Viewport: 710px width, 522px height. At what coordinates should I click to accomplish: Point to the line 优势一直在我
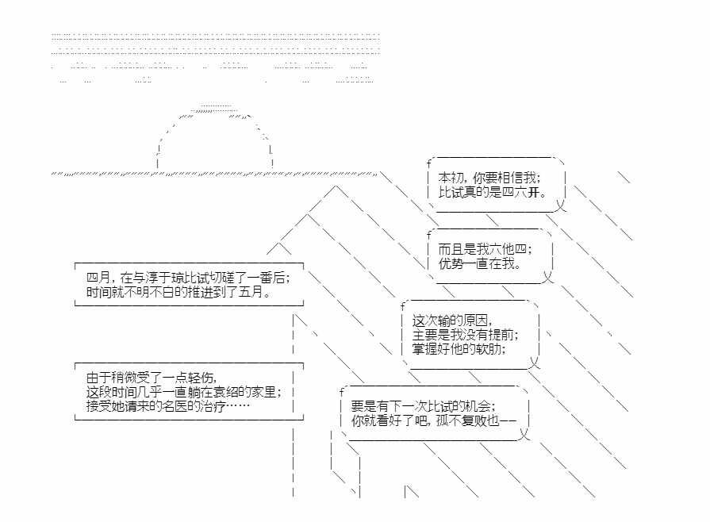coord(478,263)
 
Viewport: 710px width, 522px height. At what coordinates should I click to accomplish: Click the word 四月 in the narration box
coord(98,278)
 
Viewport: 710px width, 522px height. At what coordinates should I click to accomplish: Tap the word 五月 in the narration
coord(254,292)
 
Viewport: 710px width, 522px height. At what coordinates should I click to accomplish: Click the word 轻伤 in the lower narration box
coord(201,378)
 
